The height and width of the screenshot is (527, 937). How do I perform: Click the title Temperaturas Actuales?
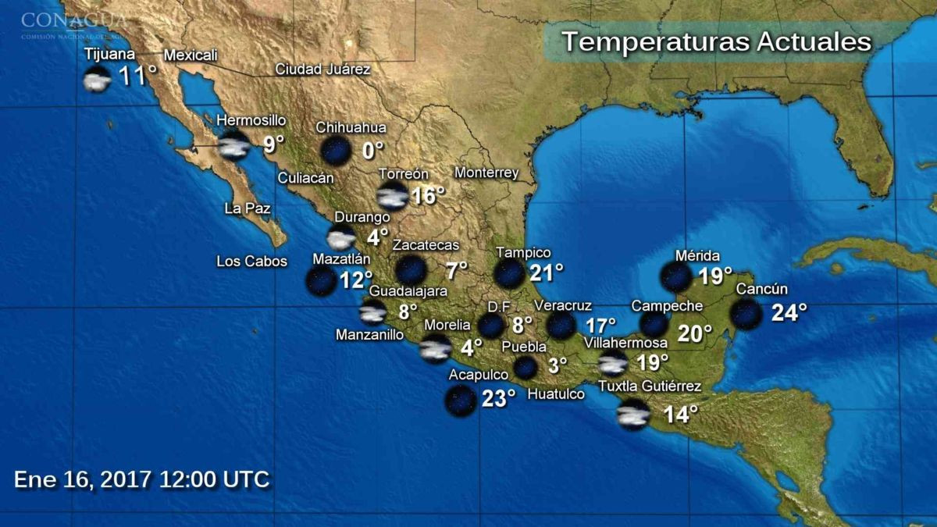(x=716, y=42)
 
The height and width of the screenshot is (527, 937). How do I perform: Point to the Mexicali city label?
(x=191, y=55)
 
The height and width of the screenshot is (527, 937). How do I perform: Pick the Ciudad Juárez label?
(x=322, y=69)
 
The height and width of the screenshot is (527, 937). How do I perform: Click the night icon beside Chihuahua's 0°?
(x=336, y=150)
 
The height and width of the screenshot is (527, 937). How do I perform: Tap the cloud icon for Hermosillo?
(x=233, y=146)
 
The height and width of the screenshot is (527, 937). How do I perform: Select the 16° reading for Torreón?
(x=427, y=195)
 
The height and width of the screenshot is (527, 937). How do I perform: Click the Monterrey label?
(x=486, y=173)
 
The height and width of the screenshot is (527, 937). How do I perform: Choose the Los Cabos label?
(x=251, y=261)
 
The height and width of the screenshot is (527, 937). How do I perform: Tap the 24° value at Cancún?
(x=789, y=313)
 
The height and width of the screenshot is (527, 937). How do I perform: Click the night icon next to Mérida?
(x=675, y=276)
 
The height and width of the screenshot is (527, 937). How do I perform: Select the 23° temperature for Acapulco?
(x=498, y=399)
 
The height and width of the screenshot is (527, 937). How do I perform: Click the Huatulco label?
(x=555, y=394)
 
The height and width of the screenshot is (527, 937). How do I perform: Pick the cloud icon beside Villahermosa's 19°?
(x=613, y=363)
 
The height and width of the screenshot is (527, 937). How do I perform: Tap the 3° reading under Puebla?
(x=557, y=365)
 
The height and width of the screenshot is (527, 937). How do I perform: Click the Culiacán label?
(x=305, y=178)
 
